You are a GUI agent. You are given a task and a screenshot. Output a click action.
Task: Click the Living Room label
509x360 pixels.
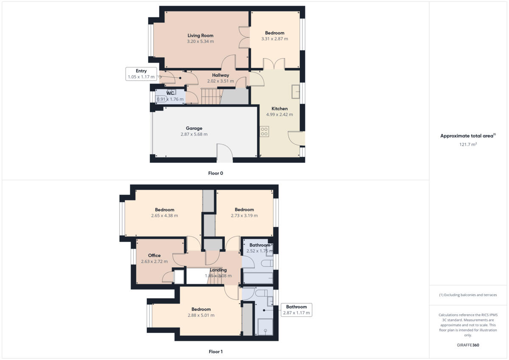[x=200, y=36]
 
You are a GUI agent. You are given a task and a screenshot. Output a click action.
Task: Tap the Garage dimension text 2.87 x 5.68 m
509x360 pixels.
[x=194, y=134]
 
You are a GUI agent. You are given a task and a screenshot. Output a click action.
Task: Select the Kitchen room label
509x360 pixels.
[x=280, y=109]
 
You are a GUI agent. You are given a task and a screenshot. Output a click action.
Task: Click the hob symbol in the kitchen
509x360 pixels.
[x=264, y=131]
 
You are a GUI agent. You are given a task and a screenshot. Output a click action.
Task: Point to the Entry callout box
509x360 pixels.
[x=141, y=74]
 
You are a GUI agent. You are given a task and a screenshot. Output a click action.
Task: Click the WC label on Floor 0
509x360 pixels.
[x=170, y=93]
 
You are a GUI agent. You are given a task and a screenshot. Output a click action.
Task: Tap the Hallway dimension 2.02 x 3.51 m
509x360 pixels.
[x=221, y=81]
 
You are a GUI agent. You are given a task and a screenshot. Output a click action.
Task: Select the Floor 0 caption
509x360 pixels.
[x=215, y=173]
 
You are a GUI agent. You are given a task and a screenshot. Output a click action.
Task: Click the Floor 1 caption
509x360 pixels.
[x=215, y=352]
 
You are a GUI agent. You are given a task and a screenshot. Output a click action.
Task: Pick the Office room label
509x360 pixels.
[x=154, y=255]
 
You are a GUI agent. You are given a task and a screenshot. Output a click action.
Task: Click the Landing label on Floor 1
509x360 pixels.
[x=218, y=270]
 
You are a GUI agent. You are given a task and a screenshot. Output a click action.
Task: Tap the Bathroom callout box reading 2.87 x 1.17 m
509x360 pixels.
[x=296, y=310]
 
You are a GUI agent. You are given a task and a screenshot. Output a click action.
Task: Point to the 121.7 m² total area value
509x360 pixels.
[x=468, y=145]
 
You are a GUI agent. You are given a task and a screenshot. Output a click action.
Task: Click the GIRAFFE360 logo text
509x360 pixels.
[x=468, y=345]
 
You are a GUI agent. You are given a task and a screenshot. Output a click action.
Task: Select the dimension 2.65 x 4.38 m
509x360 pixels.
[x=165, y=215]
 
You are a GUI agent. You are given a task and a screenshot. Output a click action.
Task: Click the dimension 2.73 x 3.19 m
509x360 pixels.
[x=244, y=215]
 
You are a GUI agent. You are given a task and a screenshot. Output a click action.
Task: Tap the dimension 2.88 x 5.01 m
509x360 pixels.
[x=201, y=315]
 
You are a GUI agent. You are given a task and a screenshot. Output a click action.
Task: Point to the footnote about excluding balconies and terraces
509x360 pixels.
[x=468, y=295]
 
